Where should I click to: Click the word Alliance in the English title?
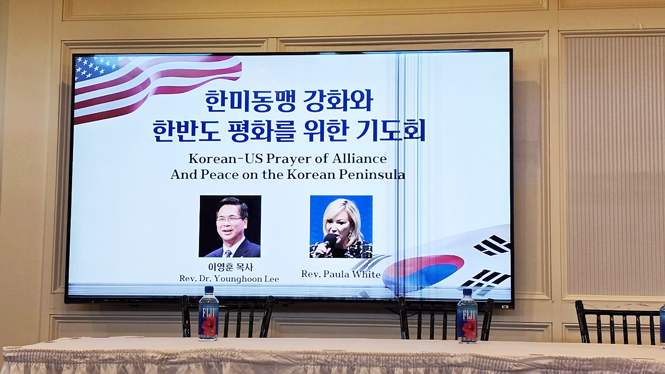pyautogui.click(x=359, y=159)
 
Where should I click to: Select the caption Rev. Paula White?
pyautogui.click(x=341, y=274)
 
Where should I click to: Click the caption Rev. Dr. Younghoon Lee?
pyautogui.click(x=229, y=279)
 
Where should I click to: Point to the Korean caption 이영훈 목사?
pyautogui.click(x=230, y=267)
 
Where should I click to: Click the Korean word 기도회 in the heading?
pyautogui.click(x=391, y=130)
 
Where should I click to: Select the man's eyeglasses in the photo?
pyautogui.click(x=229, y=220)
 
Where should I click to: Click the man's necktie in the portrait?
pyautogui.click(x=228, y=254)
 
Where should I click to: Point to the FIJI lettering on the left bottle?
pyautogui.click(x=208, y=313)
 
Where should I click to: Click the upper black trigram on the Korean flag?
pyautogui.click(x=492, y=246)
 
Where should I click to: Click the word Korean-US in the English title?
pyautogui.click(x=226, y=159)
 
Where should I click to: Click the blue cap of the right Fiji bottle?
pyautogui.click(x=467, y=292)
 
